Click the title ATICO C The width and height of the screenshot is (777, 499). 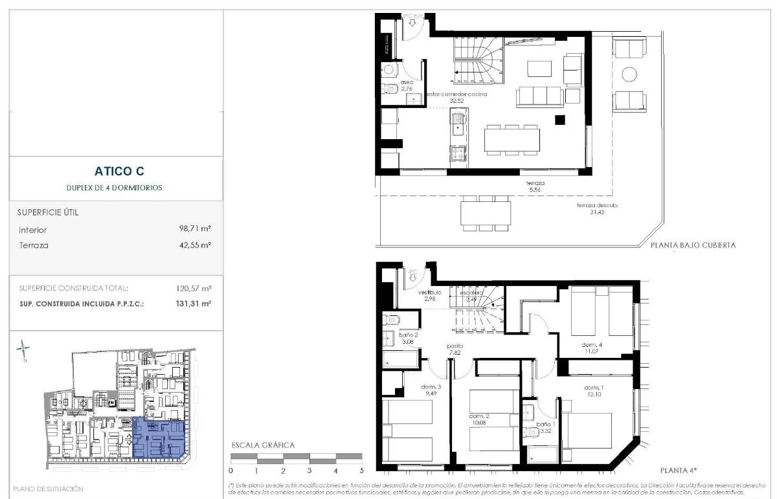pos(119,172)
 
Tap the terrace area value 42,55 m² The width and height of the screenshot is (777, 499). pos(196,245)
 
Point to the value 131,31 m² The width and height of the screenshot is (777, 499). pos(196,303)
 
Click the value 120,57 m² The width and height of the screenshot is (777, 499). pos(196,288)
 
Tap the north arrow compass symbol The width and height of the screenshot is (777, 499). pos(23,350)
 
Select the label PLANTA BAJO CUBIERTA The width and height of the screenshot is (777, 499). pos(693,246)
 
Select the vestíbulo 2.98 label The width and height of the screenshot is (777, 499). pos(427,296)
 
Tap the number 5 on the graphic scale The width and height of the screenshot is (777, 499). pos(361,471)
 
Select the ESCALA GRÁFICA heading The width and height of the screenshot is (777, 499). pos(263,445)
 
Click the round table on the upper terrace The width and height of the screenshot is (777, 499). pos(629,74)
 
